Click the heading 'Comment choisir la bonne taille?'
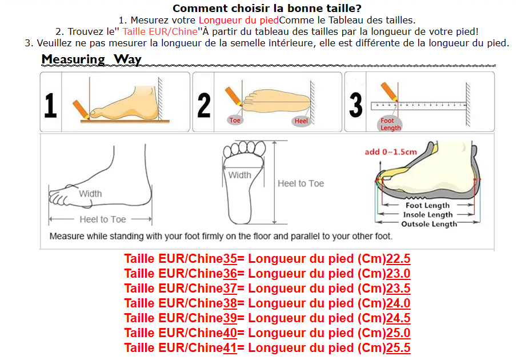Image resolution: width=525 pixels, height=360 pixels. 267,8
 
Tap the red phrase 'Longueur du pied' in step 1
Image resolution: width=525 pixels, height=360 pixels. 239,20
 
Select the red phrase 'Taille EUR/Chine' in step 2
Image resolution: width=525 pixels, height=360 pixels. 160,31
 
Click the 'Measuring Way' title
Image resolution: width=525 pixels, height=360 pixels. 91,59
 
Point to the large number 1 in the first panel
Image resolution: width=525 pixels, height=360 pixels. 51,105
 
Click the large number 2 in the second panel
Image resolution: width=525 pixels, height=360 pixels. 204,105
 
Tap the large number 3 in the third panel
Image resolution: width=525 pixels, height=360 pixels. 355,105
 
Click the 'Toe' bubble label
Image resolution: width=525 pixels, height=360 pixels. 235,120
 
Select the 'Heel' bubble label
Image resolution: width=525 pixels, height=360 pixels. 300,121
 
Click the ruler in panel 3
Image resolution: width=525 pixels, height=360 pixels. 419,106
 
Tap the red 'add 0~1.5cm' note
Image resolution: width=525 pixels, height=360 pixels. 391,152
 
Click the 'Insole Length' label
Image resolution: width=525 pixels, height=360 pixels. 427,215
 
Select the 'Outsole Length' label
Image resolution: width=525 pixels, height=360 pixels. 429,223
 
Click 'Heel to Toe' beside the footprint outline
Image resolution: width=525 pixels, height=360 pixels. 300,183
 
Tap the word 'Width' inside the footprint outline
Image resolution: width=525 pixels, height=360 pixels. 240,175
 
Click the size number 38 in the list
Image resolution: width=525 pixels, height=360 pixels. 230,303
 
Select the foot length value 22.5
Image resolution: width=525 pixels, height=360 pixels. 398,259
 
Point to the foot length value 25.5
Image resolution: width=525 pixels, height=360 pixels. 398,348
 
